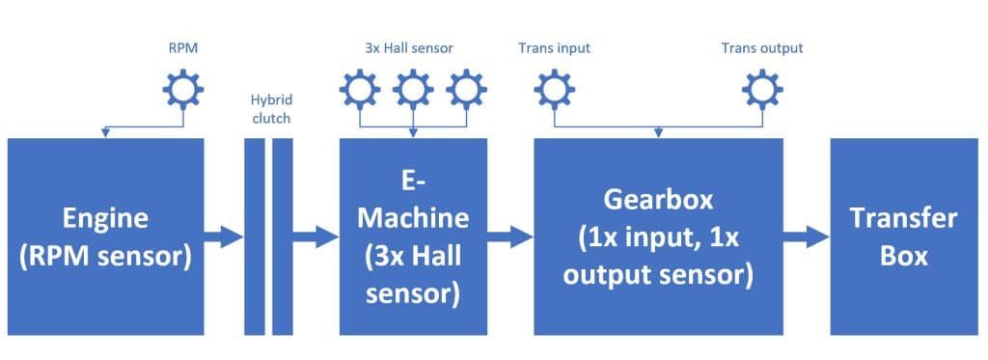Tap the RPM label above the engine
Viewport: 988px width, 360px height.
[x=182, y=48]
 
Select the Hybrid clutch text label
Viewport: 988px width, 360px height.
[x=271, y=108]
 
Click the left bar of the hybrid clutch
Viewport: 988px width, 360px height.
[x=255, y=236]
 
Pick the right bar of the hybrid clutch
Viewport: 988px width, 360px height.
[x=283, y=236]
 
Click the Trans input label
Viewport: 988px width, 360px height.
[x=554, y=48]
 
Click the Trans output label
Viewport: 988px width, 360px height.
[x=762, y=48]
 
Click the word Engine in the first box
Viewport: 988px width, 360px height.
[x=105, y=218]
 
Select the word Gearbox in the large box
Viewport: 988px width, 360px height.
[x=658, y=199]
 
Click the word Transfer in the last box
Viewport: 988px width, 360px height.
[x=902, y=219]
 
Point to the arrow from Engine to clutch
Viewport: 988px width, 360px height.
[x=224, y=237]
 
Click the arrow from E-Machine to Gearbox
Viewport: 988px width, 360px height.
[x=510, y=237]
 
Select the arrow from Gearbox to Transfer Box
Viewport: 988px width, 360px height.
[x=807, y=237]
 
